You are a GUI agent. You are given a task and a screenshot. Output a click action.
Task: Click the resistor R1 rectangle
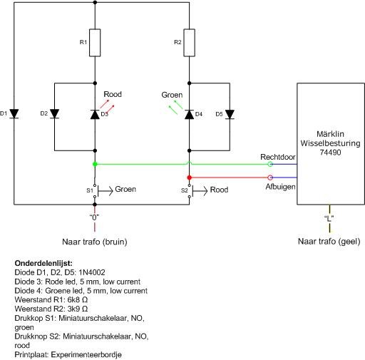pyautogui.click(x=95, y=43)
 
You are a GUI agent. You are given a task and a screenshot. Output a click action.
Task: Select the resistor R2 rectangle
pyautogui.click(x=190, y=43)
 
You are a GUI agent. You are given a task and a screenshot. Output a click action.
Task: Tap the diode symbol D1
pyautogui.click(x=14, y=114)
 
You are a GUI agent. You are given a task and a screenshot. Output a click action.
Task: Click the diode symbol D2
pyautogui.click(x=55, y=114)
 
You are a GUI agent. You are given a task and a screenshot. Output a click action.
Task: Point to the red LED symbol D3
pyautogui.click(x=95, y=115)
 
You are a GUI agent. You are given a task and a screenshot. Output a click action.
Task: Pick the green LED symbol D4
pyautogui.click(x=190, y=115)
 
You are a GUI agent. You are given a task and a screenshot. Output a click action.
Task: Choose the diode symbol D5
pyautogui.click(x=230, y=115)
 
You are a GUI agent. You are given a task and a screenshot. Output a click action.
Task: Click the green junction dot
pyautogui.click(x=95, y=164)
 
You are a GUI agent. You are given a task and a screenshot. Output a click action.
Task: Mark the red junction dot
pyautogui.click(x=190, y=178)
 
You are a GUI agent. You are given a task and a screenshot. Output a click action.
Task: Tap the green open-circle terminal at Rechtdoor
pyautogui.click(x=270, y=164)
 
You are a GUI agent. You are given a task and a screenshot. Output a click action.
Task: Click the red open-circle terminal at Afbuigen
pyautogui.click(x=270, y=178)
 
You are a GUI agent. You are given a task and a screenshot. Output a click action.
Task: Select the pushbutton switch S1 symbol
pyautogui.click(x=100, y=190)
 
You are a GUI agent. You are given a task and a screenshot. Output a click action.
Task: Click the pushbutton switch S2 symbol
pyautogui.click(x=195, y=190)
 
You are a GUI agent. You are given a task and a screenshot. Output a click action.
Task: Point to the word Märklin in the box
pyautogui.click(x=330, y=134)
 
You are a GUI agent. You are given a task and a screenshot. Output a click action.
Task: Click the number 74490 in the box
pyautogui.click(x=330, y=152)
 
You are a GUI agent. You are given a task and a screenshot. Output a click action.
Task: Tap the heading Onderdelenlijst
pyautogui.click(x=43, y=263)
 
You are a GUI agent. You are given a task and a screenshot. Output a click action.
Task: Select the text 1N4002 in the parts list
pyautogui.click(x=92, y=272)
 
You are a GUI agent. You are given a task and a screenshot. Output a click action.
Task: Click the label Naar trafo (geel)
pyautogui.click(x=329, y=242)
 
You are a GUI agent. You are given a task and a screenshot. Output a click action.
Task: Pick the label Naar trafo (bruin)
pyautogui.click(x=95, y=242)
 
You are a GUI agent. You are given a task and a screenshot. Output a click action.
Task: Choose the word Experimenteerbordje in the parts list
pyautogui.click(x=86, y=355)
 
